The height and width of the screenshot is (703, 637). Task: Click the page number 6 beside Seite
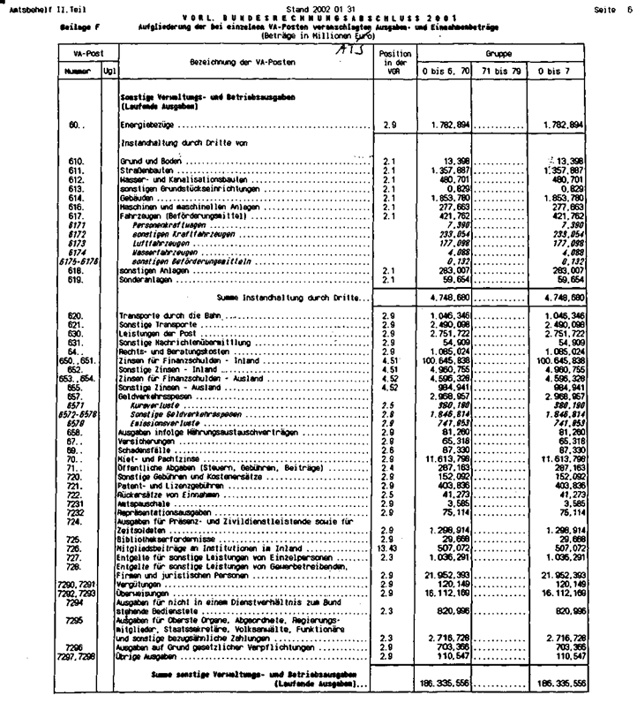(x=630, y=7)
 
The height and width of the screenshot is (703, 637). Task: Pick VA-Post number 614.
(x=75, y=199)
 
